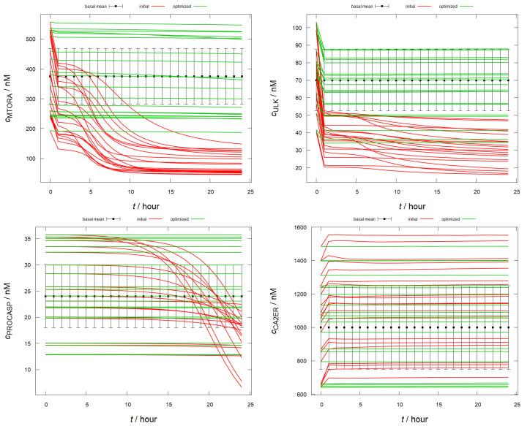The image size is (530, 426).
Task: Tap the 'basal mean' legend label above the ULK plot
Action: coord(358,6)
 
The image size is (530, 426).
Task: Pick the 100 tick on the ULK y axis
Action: coord(297,28)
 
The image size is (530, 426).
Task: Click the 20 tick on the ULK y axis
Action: coord(299,167)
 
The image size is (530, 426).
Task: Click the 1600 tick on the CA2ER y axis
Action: coord(295,227)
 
